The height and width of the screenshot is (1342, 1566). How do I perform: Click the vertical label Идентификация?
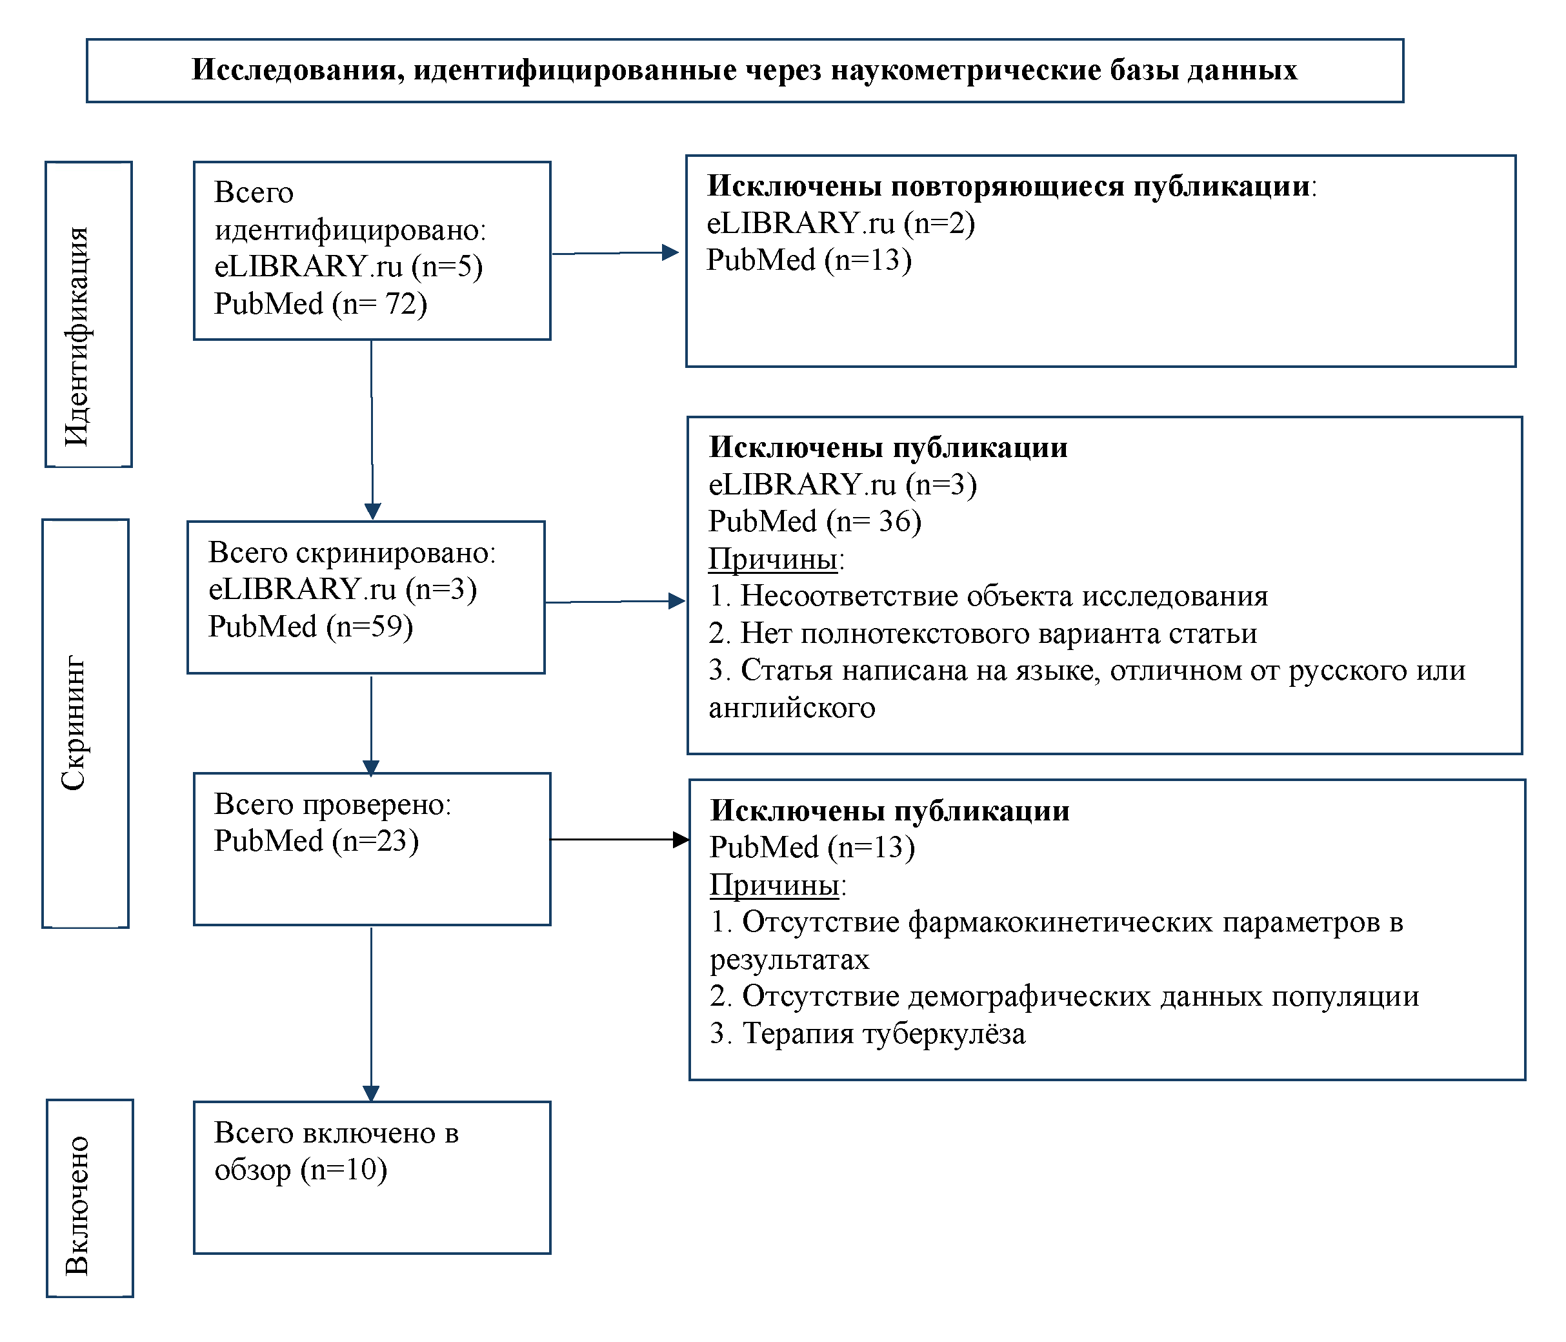[x=77, y=336]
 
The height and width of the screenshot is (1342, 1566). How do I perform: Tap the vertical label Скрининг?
[x=74, y=723]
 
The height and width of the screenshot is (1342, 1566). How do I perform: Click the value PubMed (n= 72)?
[x=321, y=304]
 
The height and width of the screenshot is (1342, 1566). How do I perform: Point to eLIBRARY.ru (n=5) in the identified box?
[x=348, y=266]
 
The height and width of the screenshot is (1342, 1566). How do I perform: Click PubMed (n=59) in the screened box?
[x=310, y=627]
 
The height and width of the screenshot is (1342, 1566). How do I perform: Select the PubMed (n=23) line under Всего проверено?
[x=316, y=840]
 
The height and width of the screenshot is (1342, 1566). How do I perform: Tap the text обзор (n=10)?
[x=301, y=1170]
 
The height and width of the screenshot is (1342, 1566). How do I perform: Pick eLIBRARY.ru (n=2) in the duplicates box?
[x=841, y=223]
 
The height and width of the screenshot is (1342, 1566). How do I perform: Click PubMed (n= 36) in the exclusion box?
[x=815, y=522]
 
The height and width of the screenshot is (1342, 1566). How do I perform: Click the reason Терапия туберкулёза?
[x=868, y=1033]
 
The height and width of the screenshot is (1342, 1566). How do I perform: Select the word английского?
[x=791, y=708]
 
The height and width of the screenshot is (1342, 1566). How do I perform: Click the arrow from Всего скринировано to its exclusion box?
[x=615, y=602]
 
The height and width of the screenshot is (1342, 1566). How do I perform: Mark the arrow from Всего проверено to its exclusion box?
[x=619, y=839]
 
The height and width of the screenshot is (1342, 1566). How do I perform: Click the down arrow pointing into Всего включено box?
[x=371, y=1014]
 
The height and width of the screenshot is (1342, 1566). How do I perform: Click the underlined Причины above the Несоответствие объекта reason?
[x=772, y=560]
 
